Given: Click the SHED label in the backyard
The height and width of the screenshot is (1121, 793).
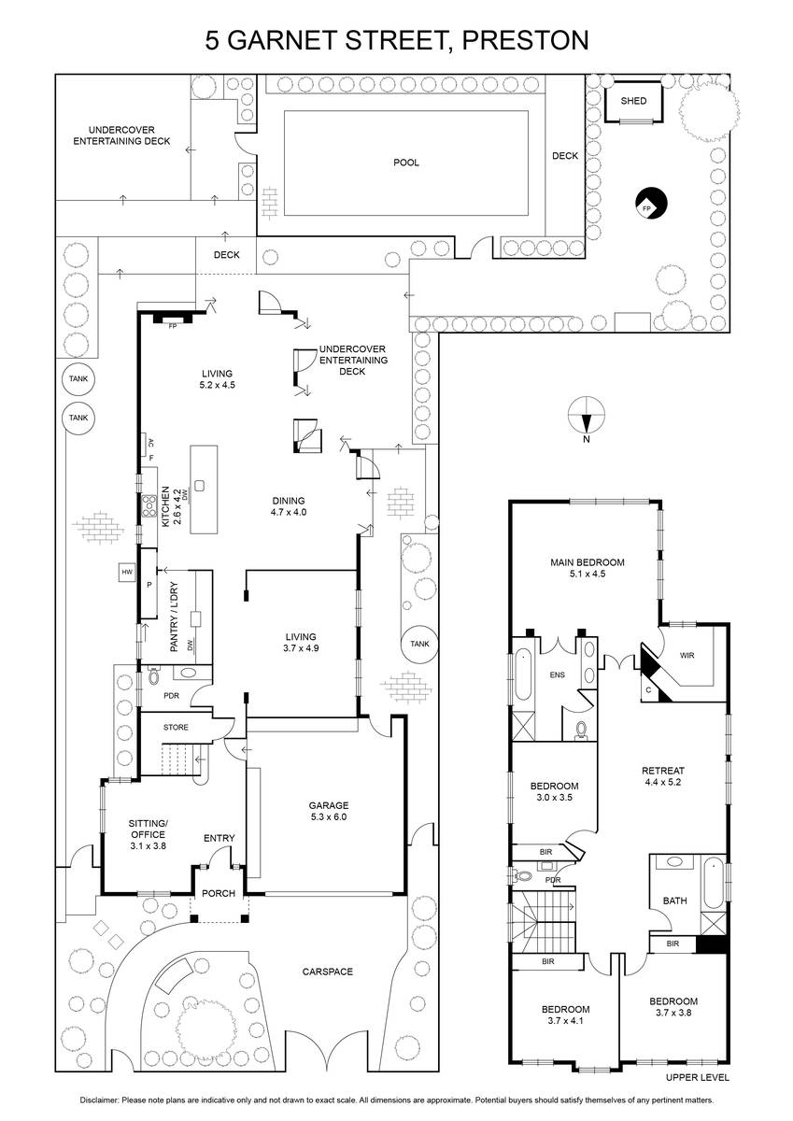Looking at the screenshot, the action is click(x=633, y=101).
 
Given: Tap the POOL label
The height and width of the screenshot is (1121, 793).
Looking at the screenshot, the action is click(x=405, y=163).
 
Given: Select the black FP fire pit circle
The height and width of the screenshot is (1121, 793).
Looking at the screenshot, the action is click(x=651, y=204).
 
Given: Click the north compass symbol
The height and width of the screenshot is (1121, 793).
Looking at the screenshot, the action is click(x=587, y=416).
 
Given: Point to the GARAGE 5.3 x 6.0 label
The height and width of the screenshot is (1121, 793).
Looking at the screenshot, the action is click(x=328, y=811).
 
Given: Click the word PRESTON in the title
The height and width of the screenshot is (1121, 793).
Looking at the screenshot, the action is click(x=525, y=40).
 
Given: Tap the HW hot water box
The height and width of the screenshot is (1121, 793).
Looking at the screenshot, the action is click(x=127, y=572).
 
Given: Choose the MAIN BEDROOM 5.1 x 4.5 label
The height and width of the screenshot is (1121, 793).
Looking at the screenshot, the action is click(x=587, y=568).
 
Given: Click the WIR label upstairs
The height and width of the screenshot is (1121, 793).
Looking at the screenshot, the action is click(x=687, y=655).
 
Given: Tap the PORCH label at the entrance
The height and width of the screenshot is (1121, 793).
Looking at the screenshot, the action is click(x=219, y=893).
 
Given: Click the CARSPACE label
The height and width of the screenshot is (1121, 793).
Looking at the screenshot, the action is click(x=327, y=972).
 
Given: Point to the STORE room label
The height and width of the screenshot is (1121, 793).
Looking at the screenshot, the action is click(x=176, y=727).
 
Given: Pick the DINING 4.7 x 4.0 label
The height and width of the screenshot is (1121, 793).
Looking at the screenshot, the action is click(x=289, y=506).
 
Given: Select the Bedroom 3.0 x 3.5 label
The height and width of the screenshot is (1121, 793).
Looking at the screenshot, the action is click(x=554, y=791).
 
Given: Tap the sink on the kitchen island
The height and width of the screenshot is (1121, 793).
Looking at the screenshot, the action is click(x=200, y=486).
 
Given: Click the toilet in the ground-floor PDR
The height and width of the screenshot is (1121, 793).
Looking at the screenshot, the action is click(x=153, y=676).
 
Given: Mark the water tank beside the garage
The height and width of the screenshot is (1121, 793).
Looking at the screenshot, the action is click(x=419, y=644).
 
